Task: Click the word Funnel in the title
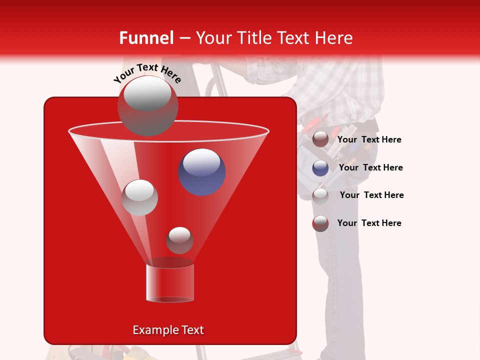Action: click(x=146, y=38)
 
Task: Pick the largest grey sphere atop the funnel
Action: click(x=147, y=105)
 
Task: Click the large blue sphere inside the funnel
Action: click(x=202, y=171)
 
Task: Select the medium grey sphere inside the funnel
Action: click(x=139, y=197)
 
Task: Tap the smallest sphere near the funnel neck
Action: click(x=179, y=240)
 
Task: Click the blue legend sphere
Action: click(x=320, y=168)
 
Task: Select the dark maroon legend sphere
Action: click(x=320, y=139)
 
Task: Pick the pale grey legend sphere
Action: click(x=320, y=195)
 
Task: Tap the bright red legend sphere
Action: click(x=320, y=223)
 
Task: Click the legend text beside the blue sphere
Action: click(x=370, y=167)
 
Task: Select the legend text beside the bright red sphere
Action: click(x=369, y=223)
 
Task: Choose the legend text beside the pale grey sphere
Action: click(x=371, y=195)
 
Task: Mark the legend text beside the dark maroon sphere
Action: click(x=369, y=139)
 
